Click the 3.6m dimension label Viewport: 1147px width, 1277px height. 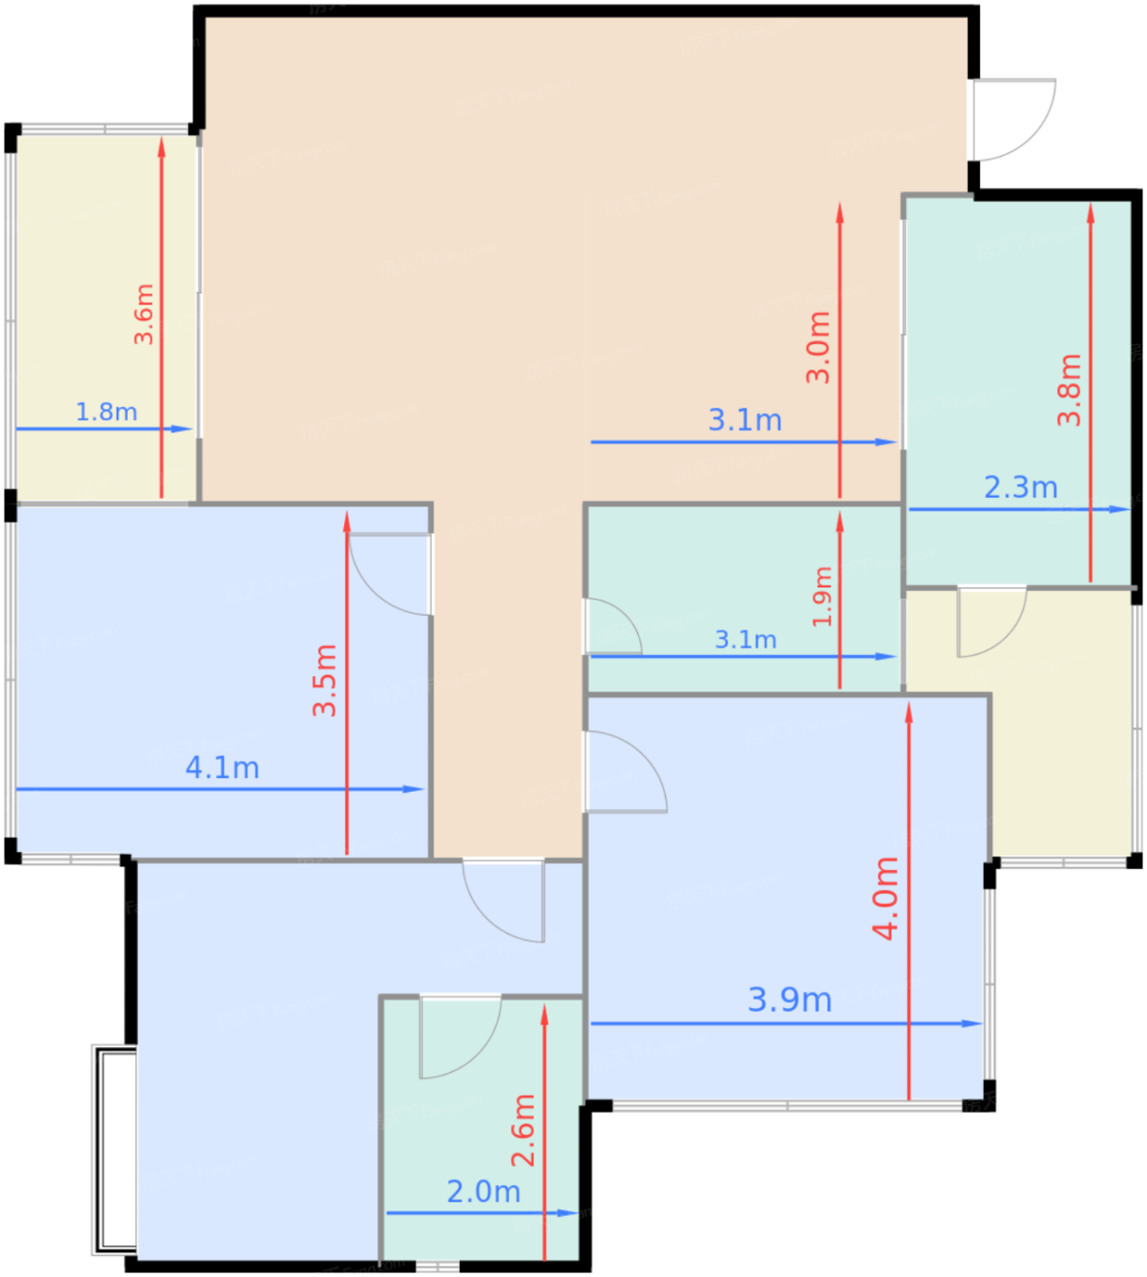click(144, 314)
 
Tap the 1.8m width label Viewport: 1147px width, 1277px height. click(107, 412)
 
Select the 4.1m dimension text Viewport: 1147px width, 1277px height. click(222, 768)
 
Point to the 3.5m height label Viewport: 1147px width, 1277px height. click(325, 680)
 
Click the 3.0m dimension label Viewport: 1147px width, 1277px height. click(818, 348)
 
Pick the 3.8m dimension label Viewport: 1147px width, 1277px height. click(1069, 390)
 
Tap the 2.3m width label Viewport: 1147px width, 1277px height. click(1021, 487)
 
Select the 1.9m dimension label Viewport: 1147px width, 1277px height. click(822, 597)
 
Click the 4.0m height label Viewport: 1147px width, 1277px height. click(885, 898)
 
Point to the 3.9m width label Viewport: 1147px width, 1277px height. click(789, 1000)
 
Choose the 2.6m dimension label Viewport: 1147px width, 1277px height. click(523, 1130)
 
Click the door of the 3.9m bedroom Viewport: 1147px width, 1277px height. click(624, 772)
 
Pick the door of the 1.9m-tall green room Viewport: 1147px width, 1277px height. click(612, 626)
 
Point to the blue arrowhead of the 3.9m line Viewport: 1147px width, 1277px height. click(973, 1023)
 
